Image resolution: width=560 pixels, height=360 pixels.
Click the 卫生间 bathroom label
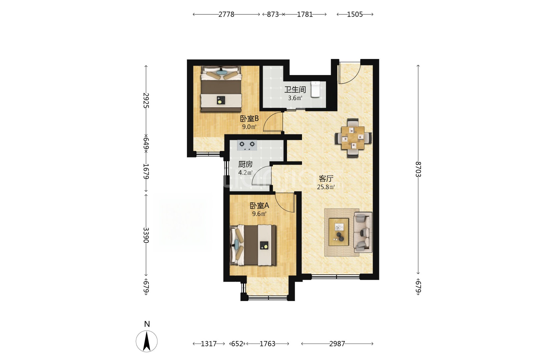point(295,89)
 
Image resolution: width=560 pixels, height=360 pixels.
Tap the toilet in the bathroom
point(315,89)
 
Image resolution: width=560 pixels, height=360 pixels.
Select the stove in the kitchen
point(247,145)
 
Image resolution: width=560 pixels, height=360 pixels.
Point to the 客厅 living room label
point(326,179)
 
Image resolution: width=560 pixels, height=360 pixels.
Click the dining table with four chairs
point(353,138)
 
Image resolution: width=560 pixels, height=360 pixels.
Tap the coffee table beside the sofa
point(339,232)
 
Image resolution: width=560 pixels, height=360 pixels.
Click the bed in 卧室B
point(221,89)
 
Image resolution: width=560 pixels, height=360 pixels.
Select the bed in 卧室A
point(253,245)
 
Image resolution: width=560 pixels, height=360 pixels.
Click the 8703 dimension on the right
point(418,169)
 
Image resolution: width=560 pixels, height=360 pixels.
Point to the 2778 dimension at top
point(226,15)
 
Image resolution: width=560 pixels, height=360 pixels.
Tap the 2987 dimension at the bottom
point(337,344)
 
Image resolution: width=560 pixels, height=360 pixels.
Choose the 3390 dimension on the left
point(146,235)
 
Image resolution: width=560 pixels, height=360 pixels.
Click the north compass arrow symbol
point(147,341)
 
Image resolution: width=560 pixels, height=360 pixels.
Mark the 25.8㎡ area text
point(326,187)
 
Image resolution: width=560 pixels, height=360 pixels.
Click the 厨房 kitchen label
point(245,164)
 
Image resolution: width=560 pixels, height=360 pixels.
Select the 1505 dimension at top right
point(355,15)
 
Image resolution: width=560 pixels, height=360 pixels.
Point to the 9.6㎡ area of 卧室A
point(259,214)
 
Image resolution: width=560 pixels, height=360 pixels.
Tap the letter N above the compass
point(147,324)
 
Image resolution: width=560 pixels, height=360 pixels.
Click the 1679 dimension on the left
point(146,171)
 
